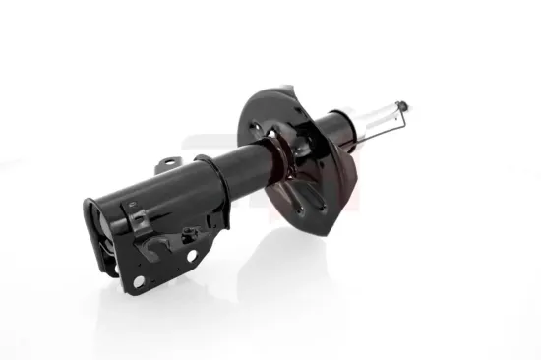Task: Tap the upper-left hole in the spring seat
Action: (258, 126)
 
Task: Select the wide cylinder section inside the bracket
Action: (148, 211)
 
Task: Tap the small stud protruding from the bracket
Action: (187, 233)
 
